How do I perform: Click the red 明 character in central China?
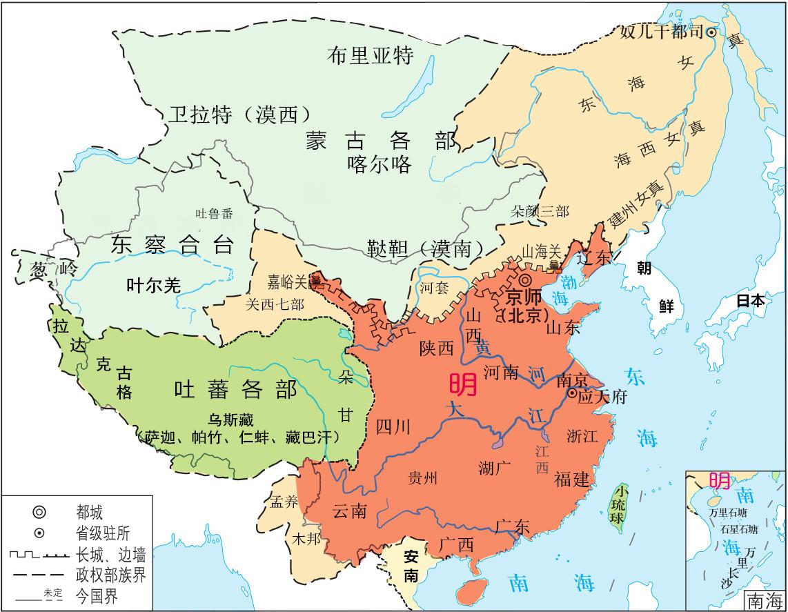tap(462, 385)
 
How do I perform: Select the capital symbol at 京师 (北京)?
tap(526, 280)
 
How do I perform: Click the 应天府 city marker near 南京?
tap(572, 393)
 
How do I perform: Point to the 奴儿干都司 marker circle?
tap(710, 32)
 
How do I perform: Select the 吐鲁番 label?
tap(214, 213)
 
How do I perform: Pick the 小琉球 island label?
tap(623, 506)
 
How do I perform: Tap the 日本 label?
tap(749, 301)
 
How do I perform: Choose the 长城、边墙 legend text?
tap(111, 554)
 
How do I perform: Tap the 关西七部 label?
tap(274, 304)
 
